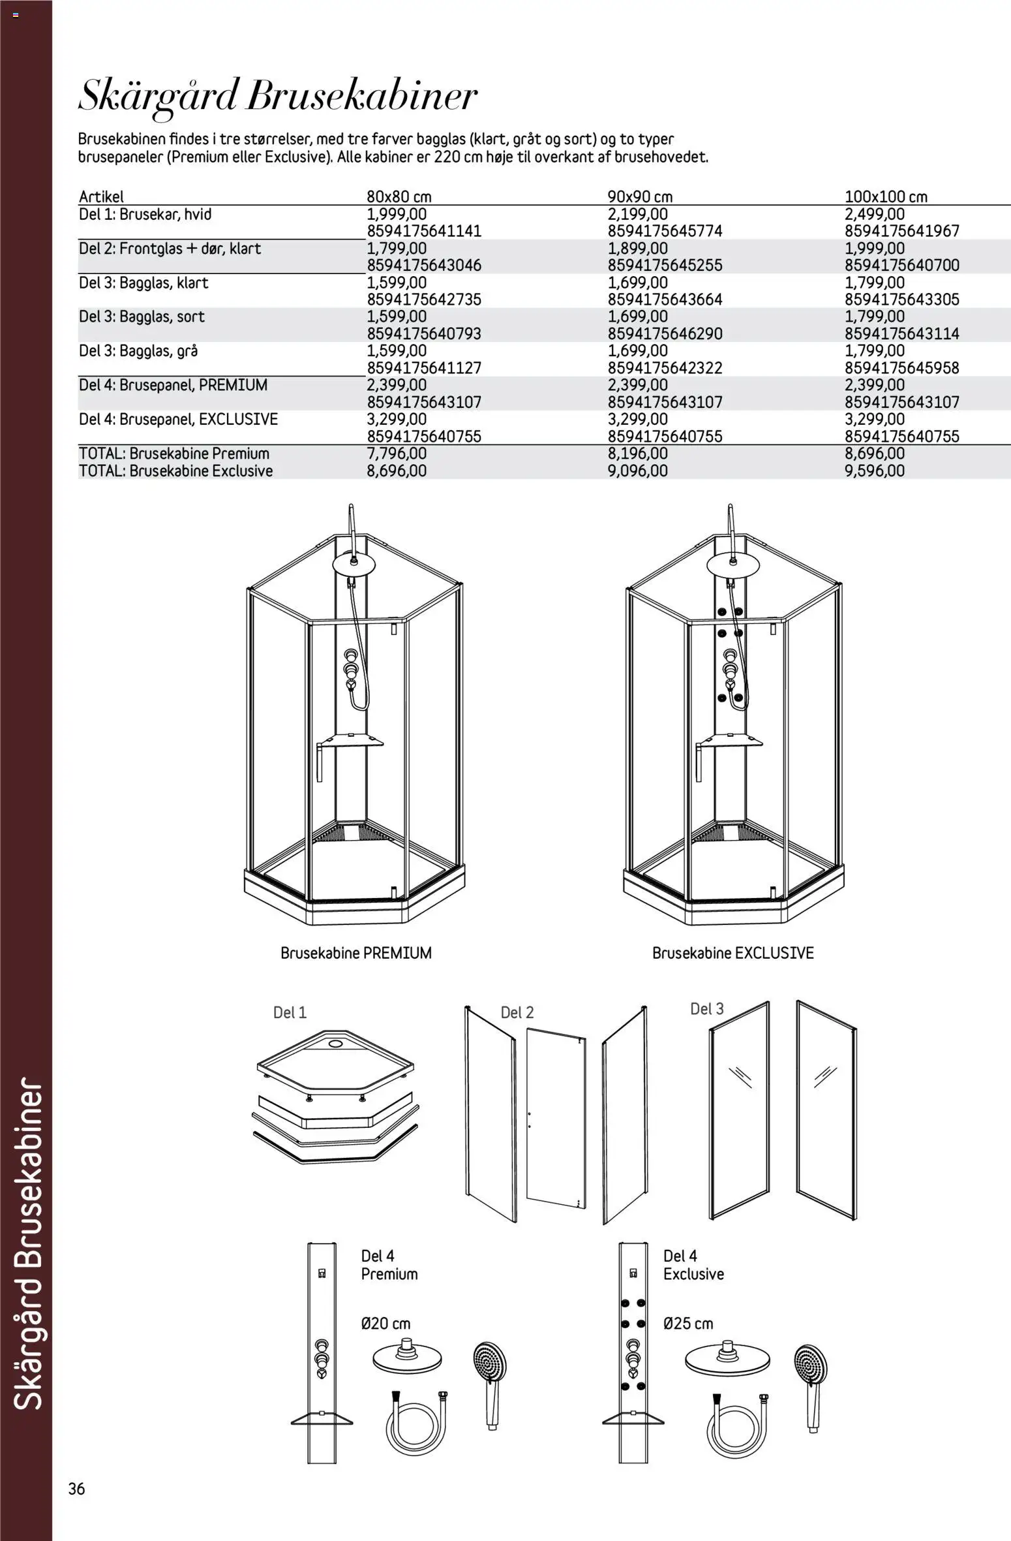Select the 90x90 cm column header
pyautogui.click(x=640, y=196)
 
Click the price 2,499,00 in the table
pyautogui.click(x=875, y=214)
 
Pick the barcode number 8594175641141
pyautogui.click(x=424, y=231)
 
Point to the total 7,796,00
pyautogui.click(x=397, y=454)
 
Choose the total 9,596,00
pyautogui.click(x=875, y=471)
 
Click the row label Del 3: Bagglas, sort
pyautogui.click(x=142, y=317)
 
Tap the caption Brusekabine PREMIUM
pyautogui.click(x=356, y=953)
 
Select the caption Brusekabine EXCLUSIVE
pyautogui.click(x=733, y=953)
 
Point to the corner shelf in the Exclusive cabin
pyautogui.click(x=729, y=741)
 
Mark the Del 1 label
pyautogui.click(x=290, y=1012)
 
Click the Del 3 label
pyautogui.click(x=707, y=1008)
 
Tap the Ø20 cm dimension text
pyautogui.click(x=385, y=1324)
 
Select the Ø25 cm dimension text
pyautogui.click(x=688, y=1324)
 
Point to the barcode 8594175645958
pyautogui.click(x=902, y=368)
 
